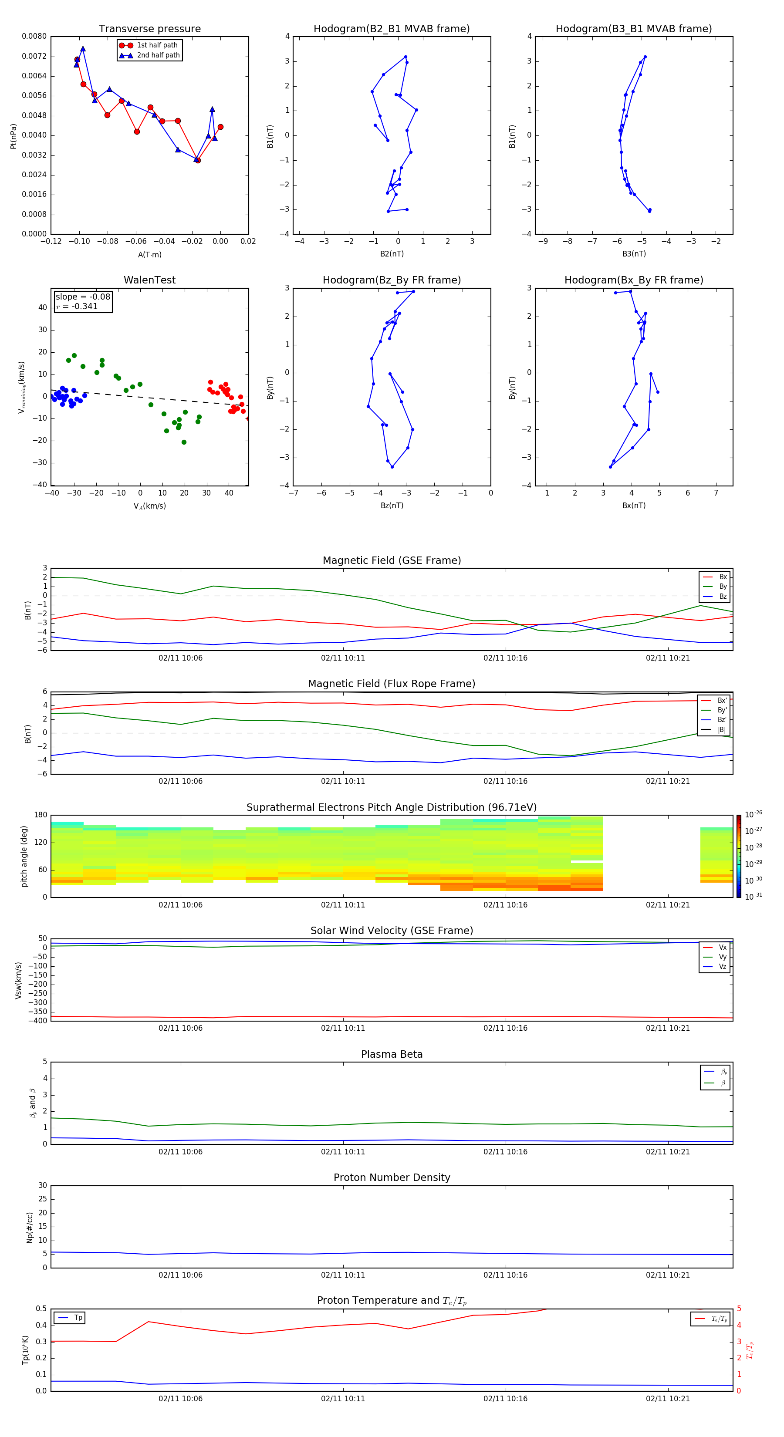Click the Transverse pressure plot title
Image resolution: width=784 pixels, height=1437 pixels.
pyautogui.click(x=149, y=29)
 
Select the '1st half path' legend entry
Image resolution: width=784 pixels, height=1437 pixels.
pyautogui.click(x=157, y=45)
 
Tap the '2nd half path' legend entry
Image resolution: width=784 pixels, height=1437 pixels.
pyautogui.click(x=158, y=55)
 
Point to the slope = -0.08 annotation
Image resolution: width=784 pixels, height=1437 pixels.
pyautogui.click(x=83, y=297)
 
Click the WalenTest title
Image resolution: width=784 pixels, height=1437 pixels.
pyautogui.click(x=149, y=280)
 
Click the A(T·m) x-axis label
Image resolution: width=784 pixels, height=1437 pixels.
pyautogui.click(x=149, y=255)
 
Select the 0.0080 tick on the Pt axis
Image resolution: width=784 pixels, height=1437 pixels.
pyautogui.click(x=34, y=36)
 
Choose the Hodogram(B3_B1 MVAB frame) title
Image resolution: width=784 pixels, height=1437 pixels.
pyautogui.click(x=633, y=29)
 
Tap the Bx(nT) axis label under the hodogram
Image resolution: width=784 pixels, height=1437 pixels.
pyautogui.click(x=633, y=506)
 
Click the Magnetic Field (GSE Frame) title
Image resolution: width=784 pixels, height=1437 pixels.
pyautogui.click(x=392, y=560)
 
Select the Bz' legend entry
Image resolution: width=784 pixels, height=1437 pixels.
pyautogui.click(x=722, y=720)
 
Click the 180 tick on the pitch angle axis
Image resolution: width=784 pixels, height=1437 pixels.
pyautogui.click(x=41, y=815)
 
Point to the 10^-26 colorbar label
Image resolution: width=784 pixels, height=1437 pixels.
pyautogui.click(x=754, y=814)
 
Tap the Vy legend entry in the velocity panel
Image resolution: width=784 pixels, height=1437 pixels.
pyautogui.click(x=722, y=957)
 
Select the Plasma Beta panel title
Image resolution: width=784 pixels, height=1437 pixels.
pyautogui.click(x=392, y=1054)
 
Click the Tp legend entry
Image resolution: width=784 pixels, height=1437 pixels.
pyautogui.click(x=78, y=1318)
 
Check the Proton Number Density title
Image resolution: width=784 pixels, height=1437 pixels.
pyautogui.click(x=392, y=1177)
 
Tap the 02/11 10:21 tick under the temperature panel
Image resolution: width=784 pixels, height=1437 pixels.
pyautogui.click(x=667, y=1399)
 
